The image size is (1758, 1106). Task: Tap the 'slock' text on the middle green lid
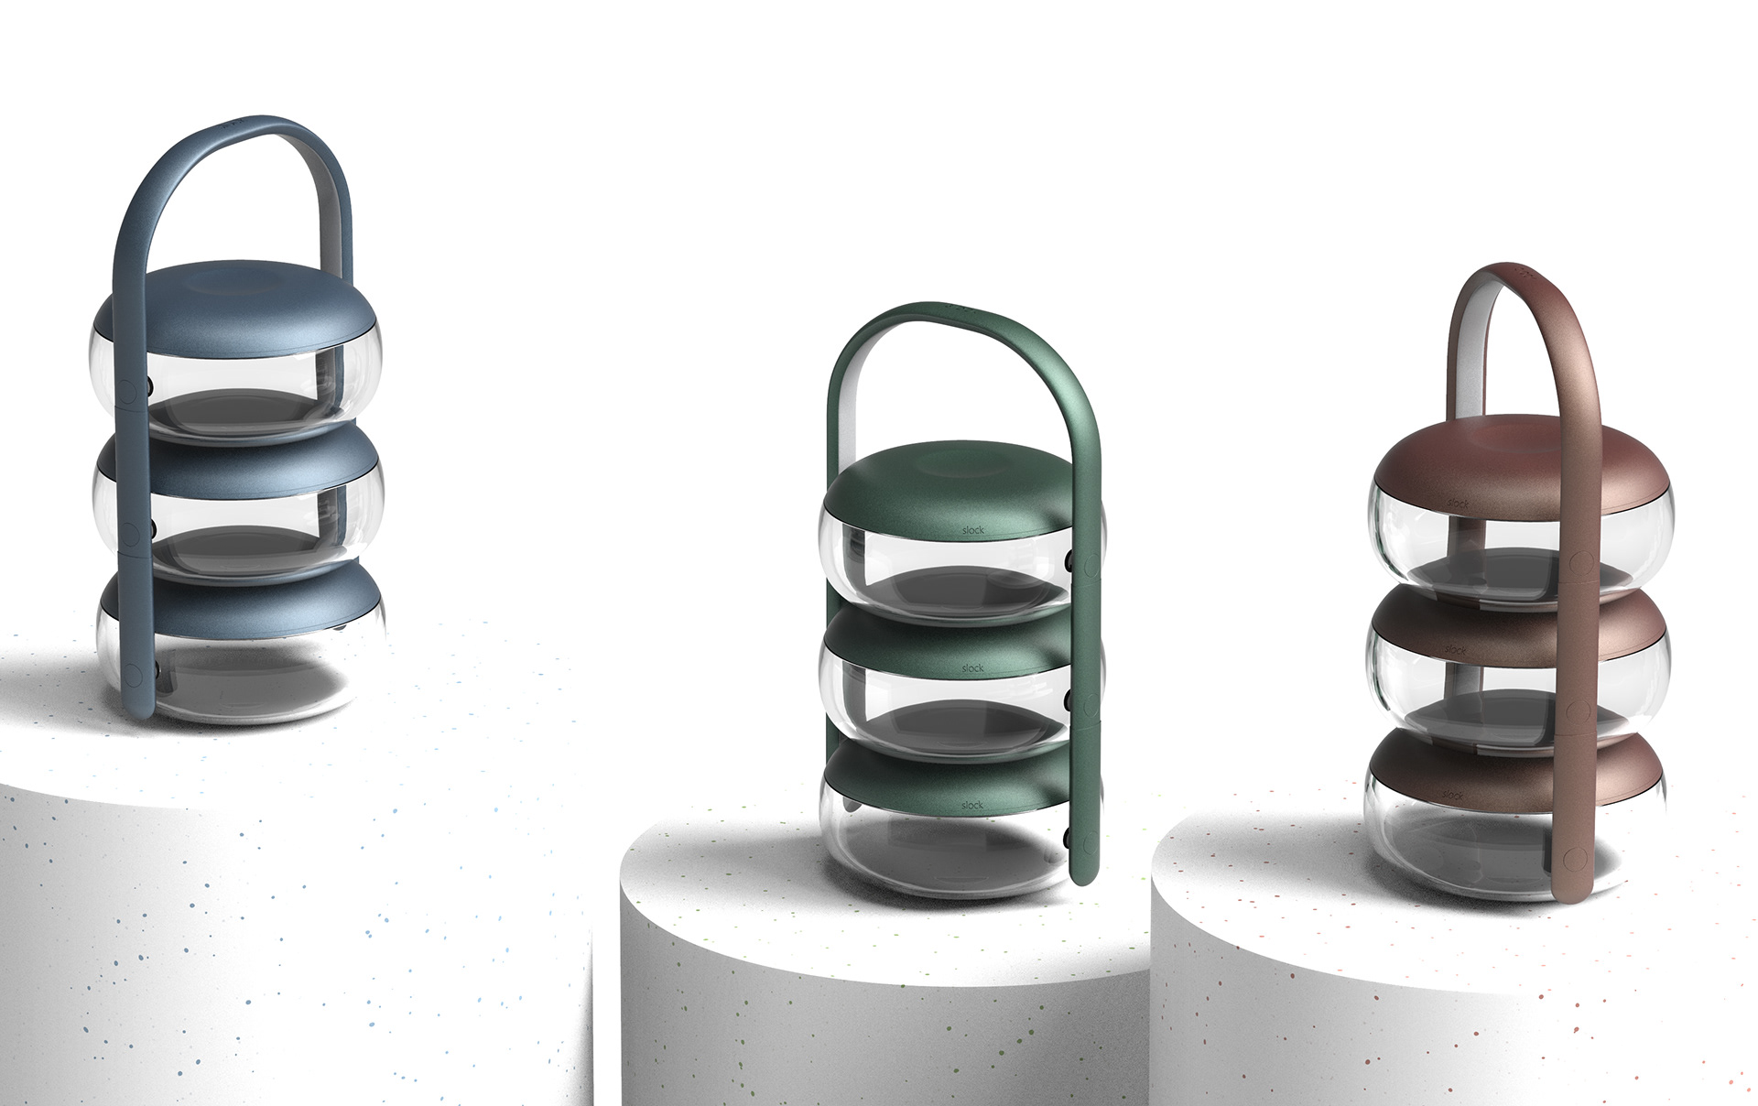(973, 668)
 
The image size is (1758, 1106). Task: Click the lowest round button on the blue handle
(136, 672)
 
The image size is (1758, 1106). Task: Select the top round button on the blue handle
(128, 389)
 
